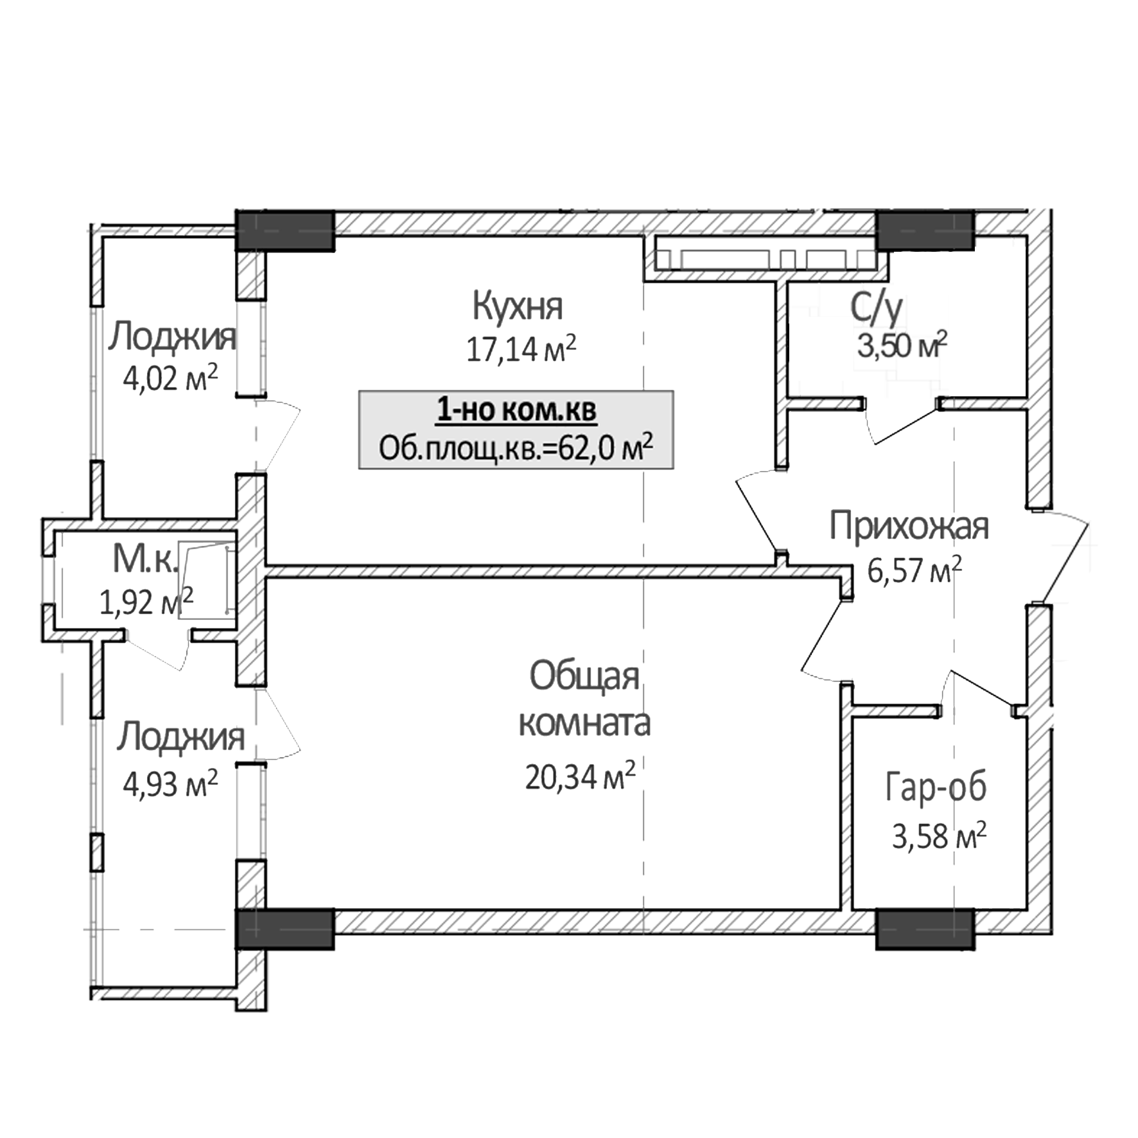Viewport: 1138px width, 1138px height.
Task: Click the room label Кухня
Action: [518, 306]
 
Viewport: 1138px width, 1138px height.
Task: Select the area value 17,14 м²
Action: [521, 349]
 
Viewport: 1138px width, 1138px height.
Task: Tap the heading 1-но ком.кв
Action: [516, 410]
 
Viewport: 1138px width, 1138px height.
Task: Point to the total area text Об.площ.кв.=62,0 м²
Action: [516, 448]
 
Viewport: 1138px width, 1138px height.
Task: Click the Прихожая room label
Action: [909, 526]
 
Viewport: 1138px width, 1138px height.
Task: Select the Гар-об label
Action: [936, 788]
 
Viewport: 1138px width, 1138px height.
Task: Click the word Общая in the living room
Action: [584, 677]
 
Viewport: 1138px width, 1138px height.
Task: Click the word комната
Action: [584, 723]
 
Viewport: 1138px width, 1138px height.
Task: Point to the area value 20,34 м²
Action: [580, 777]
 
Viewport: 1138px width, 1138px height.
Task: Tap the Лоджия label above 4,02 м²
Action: [171, 337]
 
